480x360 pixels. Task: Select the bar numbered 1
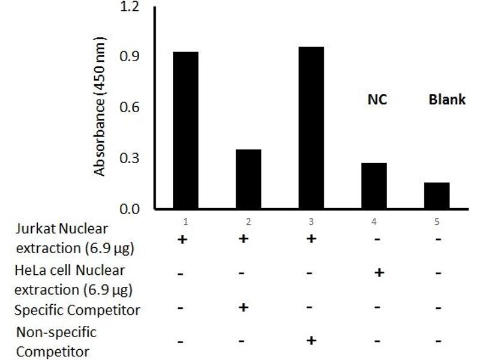click(185, 131)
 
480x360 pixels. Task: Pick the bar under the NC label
click(374, 186)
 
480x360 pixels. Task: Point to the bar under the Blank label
click(437, 196)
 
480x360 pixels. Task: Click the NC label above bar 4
click(377, 100)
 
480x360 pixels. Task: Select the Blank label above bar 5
click(447, 100)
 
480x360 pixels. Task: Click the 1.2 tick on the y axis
click(130, 7)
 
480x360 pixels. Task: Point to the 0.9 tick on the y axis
click(130, 57)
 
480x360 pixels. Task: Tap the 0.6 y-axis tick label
click(130, 108)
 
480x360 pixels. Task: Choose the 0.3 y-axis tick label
click(130, 159)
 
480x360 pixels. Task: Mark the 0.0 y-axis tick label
click(130, 209)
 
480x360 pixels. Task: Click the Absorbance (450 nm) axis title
click(100, 107)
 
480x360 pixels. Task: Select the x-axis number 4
click(374, 221)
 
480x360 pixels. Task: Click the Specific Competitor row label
click(78, 310)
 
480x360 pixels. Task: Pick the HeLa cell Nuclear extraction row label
click(70, 280)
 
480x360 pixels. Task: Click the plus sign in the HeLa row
click(379, 273)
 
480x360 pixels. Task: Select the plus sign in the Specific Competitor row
click(244, 308)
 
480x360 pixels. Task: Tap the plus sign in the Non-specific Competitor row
click(311, 341)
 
